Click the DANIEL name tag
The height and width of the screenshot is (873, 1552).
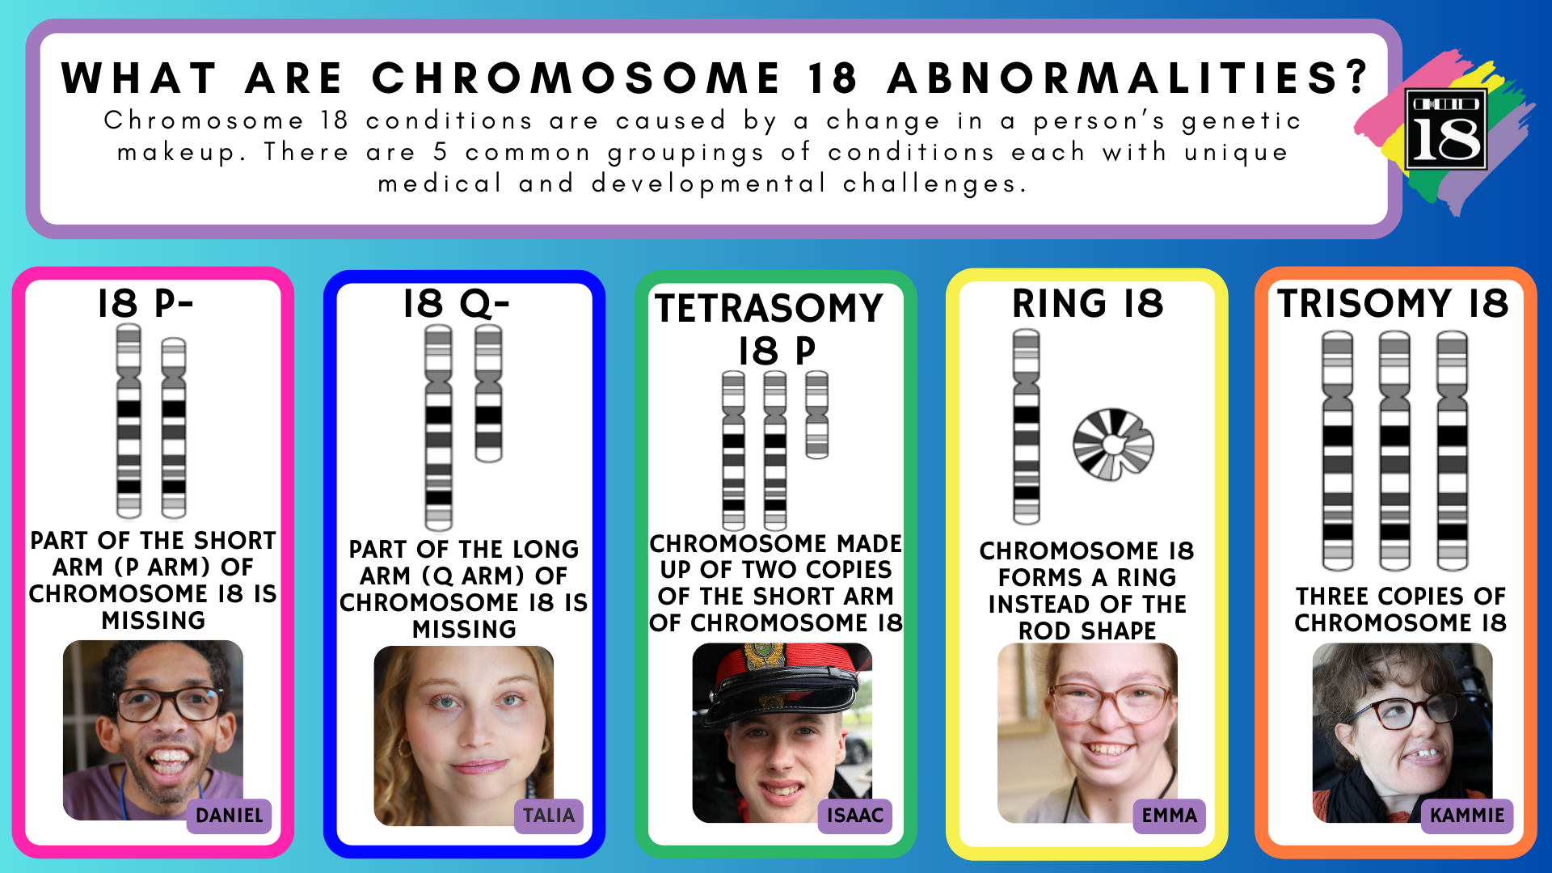(230, 815)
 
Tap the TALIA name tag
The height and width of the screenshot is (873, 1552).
(549, 815)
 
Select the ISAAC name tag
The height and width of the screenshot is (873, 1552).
(855, 815)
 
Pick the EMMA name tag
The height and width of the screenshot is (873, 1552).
(1170, 815)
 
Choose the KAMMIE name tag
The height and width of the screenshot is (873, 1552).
(1467, 815)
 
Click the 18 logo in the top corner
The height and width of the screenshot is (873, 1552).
(1446, 129)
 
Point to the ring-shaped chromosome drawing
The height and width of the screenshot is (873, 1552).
(1113, 444)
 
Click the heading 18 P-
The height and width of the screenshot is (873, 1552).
(145, 304)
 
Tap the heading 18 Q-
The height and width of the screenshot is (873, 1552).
(457, 304)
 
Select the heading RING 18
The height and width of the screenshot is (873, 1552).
(1088, 304)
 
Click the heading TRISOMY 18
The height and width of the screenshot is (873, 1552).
(1393, 304)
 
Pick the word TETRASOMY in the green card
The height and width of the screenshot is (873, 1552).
(770, 308)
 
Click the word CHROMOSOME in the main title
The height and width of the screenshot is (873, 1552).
(576, 78)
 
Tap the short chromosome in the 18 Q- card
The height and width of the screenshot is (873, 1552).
(488, 394)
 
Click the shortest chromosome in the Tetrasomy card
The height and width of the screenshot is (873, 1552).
(817, 415)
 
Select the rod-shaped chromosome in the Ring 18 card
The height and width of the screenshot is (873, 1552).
(1027, 426)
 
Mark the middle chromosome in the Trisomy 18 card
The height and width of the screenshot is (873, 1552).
(1394, 450)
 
